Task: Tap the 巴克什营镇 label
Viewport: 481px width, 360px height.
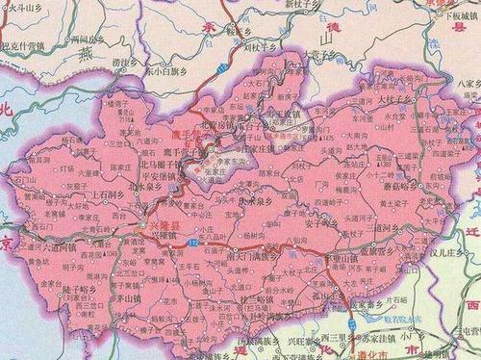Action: (23, 45)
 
